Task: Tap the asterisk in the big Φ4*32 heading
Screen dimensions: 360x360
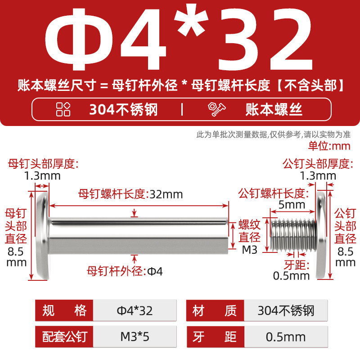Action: [191, 20]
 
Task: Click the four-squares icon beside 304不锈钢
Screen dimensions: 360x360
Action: [63, 109]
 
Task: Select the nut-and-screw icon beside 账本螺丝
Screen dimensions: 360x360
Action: [216, 109]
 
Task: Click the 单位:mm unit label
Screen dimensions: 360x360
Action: [329, 146]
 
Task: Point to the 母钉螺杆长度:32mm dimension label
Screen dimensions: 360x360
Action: [130, 194]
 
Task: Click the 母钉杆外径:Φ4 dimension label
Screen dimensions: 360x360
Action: [125, 271]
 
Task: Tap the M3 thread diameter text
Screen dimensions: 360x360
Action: [250, 250]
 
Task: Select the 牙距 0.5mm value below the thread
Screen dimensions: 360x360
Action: [291, 276]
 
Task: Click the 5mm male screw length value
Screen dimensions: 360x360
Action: [292, 205]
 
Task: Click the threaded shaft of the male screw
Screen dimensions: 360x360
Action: [293, 235]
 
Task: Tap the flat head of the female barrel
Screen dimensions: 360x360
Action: [43, 235]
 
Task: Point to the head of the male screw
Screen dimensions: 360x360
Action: [321, 235]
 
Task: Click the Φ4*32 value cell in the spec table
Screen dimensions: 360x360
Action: [135, 310]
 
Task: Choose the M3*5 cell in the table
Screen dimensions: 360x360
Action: [135, 337]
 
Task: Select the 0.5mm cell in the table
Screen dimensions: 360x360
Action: [286, 337]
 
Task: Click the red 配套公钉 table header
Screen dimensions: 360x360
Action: [64, 337]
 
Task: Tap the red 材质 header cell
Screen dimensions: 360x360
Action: [215, 310]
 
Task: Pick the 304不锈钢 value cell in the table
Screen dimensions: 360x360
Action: [286, 310]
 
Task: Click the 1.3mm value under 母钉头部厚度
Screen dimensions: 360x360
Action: [42, 176]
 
